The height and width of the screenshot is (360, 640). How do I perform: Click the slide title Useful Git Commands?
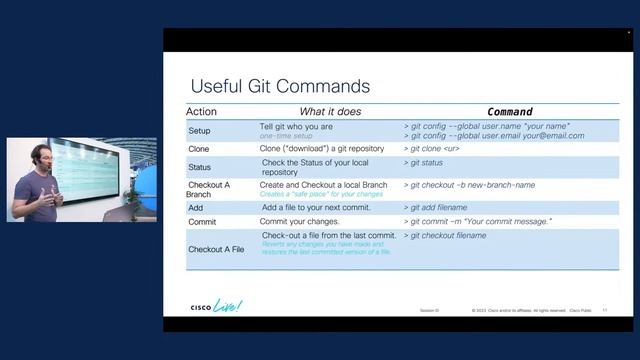coord(280,86)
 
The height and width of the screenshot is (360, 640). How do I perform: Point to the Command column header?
coord(509,111)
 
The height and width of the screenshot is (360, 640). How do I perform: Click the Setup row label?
coord(200,131)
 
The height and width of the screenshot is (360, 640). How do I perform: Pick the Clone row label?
coord(199,149)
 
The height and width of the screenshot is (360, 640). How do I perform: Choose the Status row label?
coord(200,167)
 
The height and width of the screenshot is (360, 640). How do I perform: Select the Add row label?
coord(196,207)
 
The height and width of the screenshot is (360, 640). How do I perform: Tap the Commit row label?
coord(202,221)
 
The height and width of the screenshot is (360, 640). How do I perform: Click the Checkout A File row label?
coord(216,248)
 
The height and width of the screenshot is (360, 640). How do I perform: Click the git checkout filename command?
coord(447,236)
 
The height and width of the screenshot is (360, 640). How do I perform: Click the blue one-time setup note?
coord(287,135)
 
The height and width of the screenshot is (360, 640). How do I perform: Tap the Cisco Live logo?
coord(216,306)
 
